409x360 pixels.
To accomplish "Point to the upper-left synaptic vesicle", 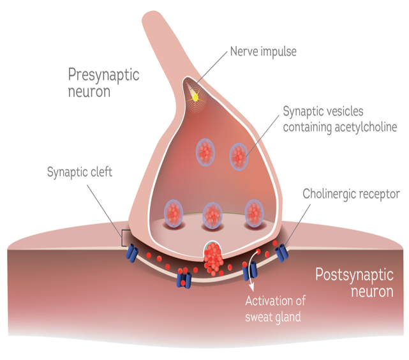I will pos(205,152).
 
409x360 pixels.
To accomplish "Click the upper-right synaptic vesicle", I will pos(239,154).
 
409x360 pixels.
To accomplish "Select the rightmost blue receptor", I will pos(282,253).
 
